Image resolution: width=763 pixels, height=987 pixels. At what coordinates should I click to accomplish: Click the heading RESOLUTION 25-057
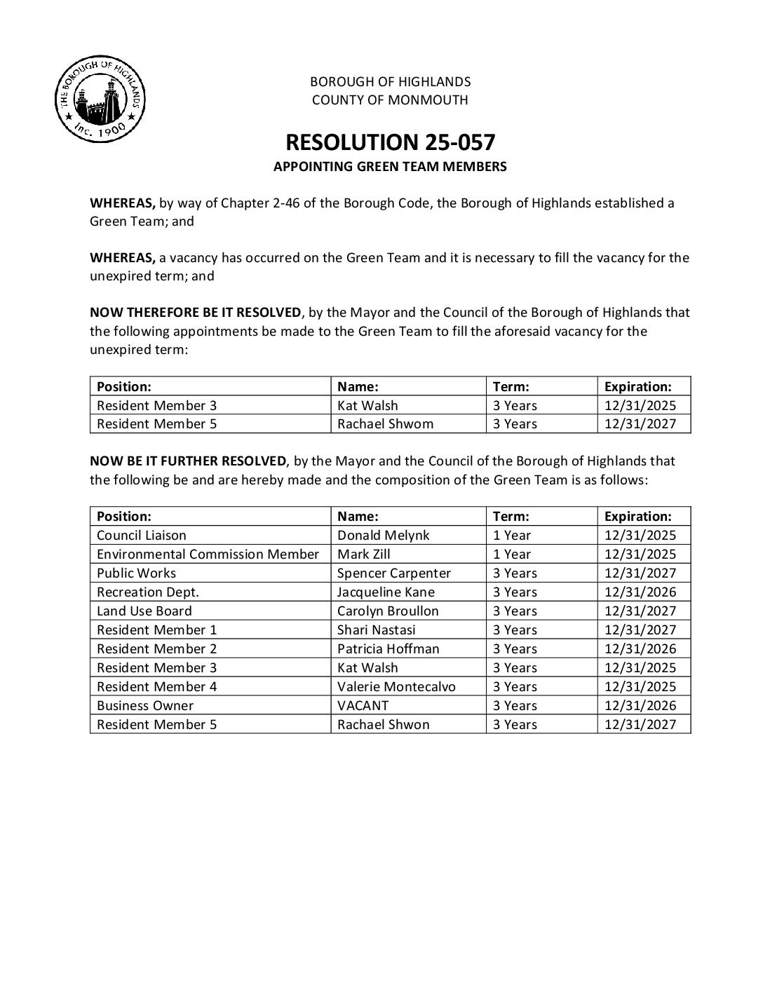[390, 142]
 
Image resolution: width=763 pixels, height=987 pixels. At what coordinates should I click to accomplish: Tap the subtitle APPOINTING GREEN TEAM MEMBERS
[390, 167]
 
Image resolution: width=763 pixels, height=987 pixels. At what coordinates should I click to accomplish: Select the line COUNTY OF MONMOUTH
[390, 100]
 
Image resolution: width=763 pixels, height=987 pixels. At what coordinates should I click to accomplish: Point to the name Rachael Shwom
[385, 424]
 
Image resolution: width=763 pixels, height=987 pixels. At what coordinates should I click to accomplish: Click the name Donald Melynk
[383, 536]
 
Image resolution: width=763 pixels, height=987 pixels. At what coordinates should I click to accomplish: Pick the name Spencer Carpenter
[394, 573]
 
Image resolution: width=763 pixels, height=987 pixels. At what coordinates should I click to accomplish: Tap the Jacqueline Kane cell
[386, 592]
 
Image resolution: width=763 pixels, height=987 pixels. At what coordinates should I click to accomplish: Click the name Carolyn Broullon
[388, 611]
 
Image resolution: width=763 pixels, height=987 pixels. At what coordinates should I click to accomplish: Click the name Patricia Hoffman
[388, 649]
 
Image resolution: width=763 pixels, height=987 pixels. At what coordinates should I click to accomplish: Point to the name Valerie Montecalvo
[396, 687]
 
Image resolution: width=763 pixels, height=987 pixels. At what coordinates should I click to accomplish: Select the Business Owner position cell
[145, 706]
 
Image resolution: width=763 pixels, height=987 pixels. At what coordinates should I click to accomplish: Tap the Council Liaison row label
[142, 536]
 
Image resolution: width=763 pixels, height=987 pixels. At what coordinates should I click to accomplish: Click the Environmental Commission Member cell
[208, 554]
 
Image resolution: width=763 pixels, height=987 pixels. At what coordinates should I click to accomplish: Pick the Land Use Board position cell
[144, 611]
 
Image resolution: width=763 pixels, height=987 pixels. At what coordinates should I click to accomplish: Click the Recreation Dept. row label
[148, 592]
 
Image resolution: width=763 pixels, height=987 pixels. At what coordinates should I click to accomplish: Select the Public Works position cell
[137, 573]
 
